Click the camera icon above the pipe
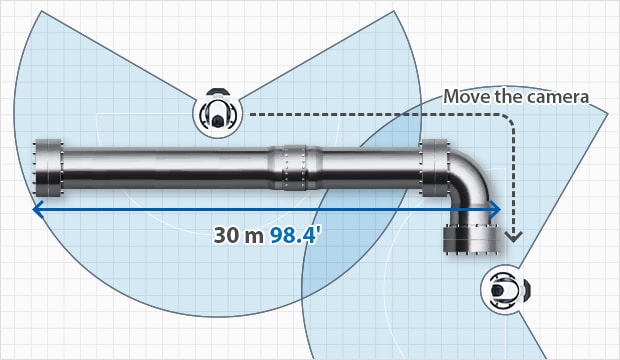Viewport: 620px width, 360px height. coord(217,114)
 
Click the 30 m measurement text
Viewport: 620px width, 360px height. coord(238,235)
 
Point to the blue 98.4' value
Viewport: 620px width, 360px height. coord(293,235)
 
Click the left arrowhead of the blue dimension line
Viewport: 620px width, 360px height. coord(38,209)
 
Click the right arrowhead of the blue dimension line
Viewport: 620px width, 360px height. coord(495,209)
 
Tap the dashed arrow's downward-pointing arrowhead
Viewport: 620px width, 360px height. coord(514,237)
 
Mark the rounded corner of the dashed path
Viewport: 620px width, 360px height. coord(509,118)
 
